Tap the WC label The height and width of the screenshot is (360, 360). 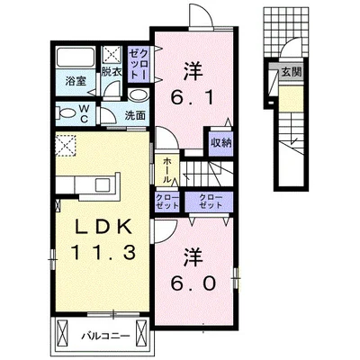point(83,113)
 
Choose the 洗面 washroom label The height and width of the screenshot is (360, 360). point(135,114)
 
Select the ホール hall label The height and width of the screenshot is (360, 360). point(166,169)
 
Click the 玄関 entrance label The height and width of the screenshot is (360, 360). point(291,74)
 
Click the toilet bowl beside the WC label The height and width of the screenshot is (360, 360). point(67,112)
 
